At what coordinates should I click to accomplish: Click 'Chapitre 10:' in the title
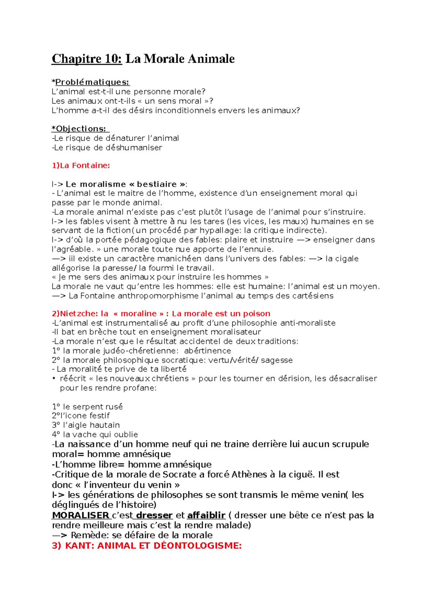(87, 58)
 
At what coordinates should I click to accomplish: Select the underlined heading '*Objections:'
(80, 129)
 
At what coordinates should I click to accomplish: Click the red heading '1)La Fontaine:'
(81, 165)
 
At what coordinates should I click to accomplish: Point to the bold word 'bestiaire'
(157, 184)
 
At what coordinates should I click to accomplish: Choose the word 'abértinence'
(207, 351)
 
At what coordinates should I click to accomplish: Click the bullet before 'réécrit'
(54, 378)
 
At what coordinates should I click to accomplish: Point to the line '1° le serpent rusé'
(87, 407)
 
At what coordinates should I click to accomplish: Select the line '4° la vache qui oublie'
(95, 434)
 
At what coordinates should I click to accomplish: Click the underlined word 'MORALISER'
(81, 515)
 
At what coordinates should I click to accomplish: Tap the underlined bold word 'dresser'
(154, 515)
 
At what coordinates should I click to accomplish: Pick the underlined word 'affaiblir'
(206, 515)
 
